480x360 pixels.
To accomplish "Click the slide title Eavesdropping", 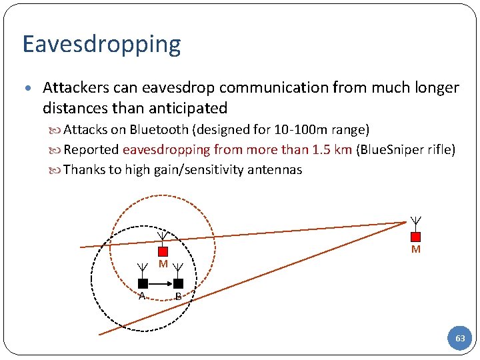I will point(101,44).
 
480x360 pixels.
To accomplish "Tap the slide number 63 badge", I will point(460,339).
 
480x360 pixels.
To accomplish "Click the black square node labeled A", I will point(143,283).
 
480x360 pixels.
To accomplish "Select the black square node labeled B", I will point(178,283).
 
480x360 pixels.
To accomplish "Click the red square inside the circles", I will point(162,251).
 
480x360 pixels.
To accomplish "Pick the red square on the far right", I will point(415,236).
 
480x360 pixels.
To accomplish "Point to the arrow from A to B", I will point(161,283).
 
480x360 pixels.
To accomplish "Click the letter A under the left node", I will point(142,296).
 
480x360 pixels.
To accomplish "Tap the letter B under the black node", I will point(178,296).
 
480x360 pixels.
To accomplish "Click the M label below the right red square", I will point(415,249).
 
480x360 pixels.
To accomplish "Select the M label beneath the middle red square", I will point(163,265).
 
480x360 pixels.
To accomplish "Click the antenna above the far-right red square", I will point(415,222).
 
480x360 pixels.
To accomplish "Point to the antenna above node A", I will point(142,270).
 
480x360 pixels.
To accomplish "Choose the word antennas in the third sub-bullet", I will point(275,170).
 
